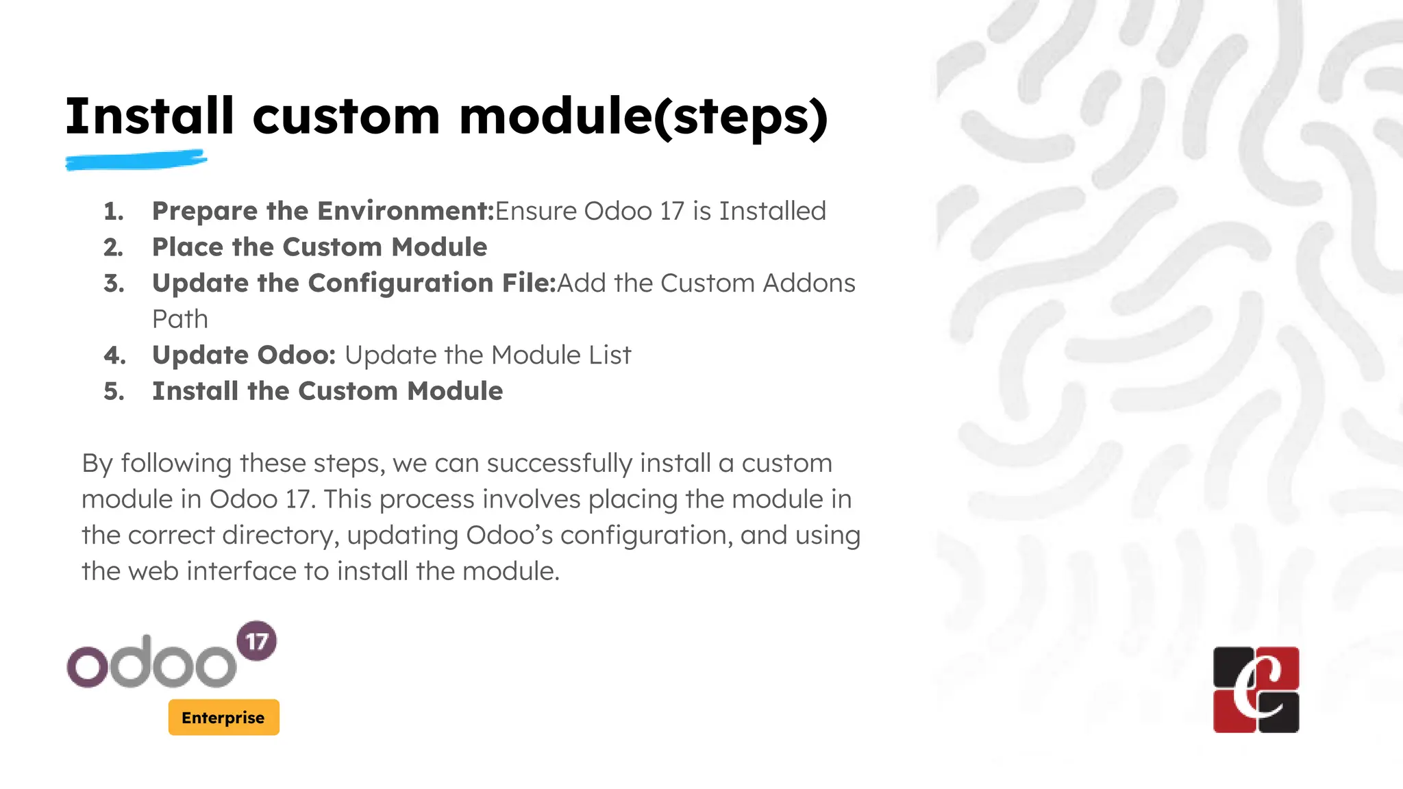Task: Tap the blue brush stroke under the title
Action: click(136, 161)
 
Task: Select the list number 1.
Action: click(114, 211)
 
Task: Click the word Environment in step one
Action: click(406, 211)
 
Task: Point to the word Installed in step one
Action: click(772, 211)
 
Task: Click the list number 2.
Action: click(114, 247)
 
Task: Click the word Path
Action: click(179, 319)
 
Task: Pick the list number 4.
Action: click(114, 355)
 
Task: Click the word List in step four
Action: click(610, 355)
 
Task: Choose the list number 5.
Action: click(114, 391)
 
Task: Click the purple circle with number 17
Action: click(256, 641)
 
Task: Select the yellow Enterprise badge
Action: click(223, 717)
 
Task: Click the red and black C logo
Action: click(1256, 690)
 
